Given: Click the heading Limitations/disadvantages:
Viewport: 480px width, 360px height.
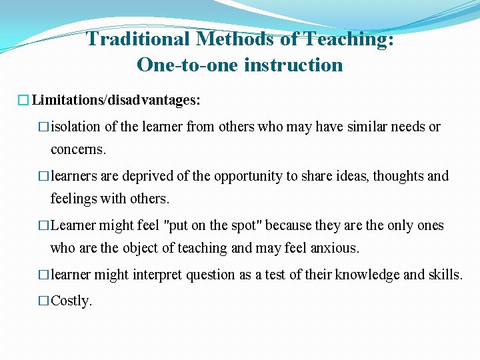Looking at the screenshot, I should coord(115,101).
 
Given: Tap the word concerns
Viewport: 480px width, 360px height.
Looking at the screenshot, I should coord(78,149).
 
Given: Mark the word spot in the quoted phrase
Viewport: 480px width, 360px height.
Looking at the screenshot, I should coord(239,225).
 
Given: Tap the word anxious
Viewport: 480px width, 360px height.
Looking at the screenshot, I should coord(336,248).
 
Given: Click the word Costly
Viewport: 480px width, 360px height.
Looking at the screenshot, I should coord(71,301).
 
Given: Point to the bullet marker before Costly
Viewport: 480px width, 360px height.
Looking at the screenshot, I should coord(43,301).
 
